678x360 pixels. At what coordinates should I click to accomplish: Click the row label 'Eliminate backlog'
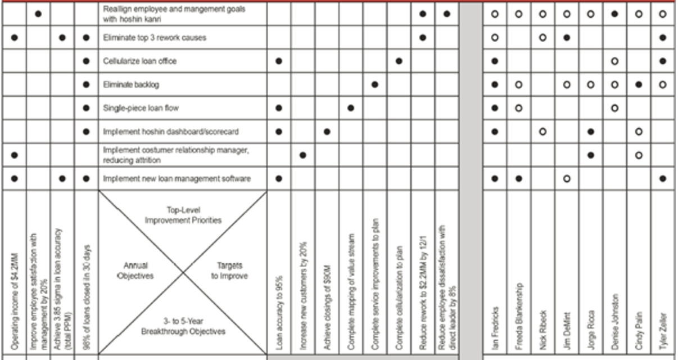(131, 84)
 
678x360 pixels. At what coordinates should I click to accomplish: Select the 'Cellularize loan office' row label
(139, 61)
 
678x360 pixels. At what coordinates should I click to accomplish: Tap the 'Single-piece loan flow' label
(141, 108)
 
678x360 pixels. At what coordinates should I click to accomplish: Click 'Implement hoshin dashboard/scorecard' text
(171, 132)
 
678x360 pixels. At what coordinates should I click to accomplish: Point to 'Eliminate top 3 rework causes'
(155, 38)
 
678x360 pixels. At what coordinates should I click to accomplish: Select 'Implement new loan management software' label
(177, 179)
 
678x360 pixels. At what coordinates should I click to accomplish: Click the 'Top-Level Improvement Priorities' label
(183, 215)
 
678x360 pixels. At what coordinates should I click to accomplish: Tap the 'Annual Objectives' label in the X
(135, 271)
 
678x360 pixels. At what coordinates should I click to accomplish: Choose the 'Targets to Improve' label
(229, 271)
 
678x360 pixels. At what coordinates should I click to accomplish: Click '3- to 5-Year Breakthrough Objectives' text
(183, 326)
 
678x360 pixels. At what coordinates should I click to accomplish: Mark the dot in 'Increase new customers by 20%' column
(303, 155)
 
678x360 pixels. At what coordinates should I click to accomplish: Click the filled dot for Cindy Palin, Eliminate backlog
(639, 84)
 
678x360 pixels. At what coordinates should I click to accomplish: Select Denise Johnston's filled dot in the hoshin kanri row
(615, 13)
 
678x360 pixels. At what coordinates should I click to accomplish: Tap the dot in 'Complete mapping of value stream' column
(351, 108)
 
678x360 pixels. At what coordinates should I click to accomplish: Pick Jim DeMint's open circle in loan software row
(567, 179)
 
